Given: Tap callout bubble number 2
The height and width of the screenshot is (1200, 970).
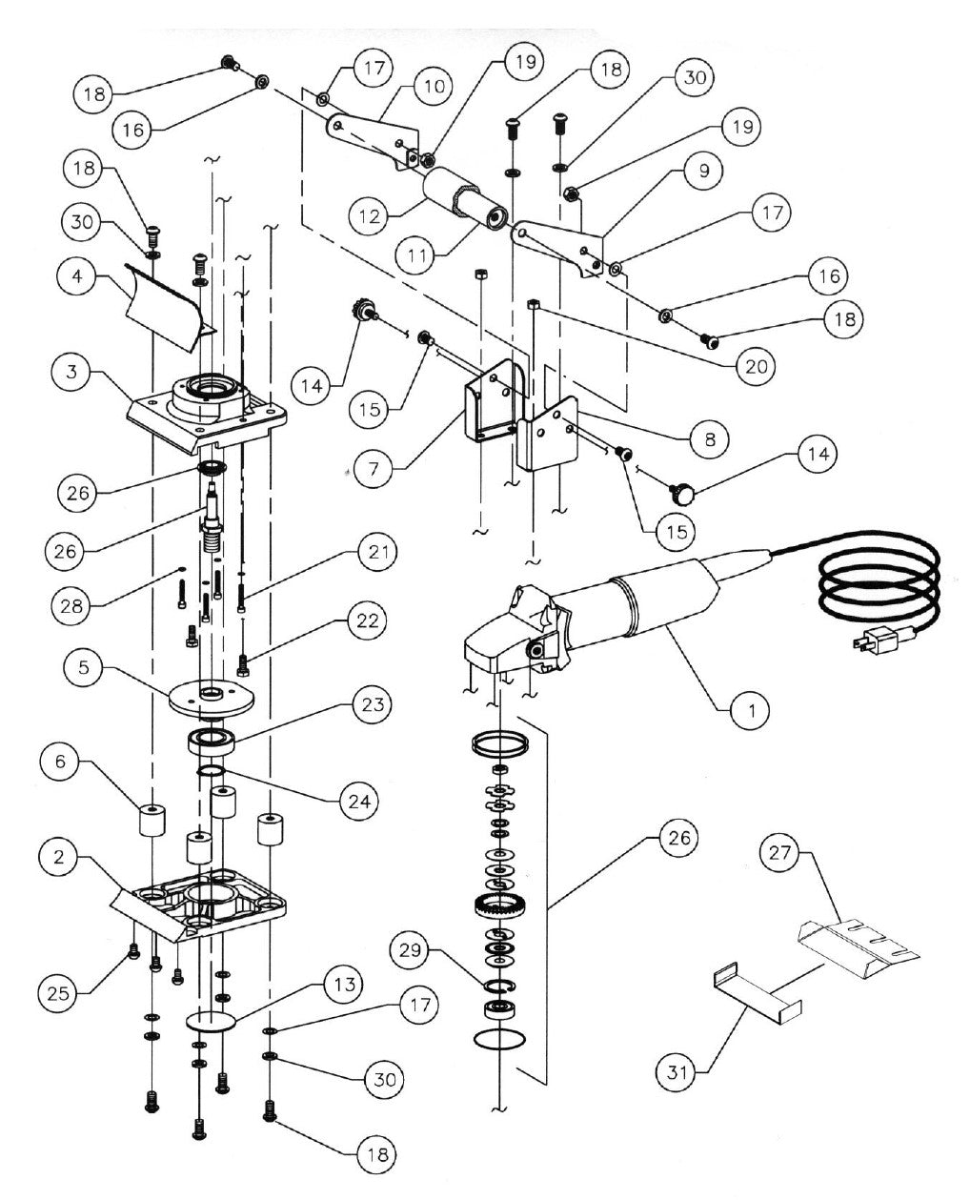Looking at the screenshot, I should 61,858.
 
